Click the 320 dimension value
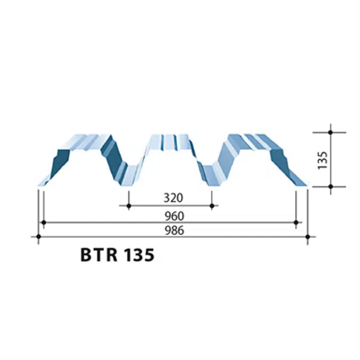173,198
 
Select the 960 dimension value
174,216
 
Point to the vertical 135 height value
322,159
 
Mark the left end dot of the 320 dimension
129,205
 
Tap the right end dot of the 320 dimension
212,205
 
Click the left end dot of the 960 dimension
44,222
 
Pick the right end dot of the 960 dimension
296,222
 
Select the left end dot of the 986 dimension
37,236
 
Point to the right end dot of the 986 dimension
308,236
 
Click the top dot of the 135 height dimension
331,132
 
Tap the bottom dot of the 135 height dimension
331,187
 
